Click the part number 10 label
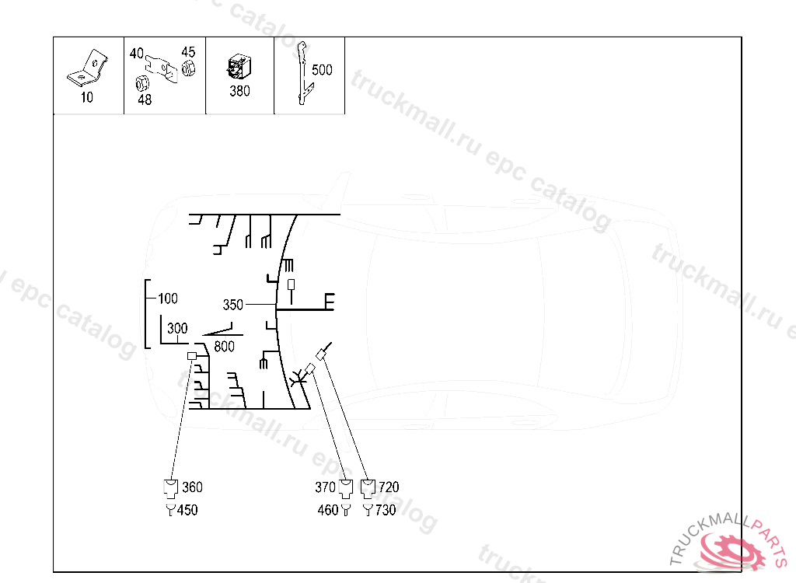pyautogui.click(x=87, y=98)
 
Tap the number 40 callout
pyautogui.click(x=137, y=54)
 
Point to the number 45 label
pyautogui.click(x=188, y=52)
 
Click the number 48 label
pyautogui.click(x=145, y=99)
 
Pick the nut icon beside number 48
pyautogui.click(x=142, y=83)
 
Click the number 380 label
pyautogui.click(x=239, y=91)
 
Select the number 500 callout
pyautogui.click(x=322, y=70)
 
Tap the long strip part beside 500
pyautogui.click(x=303, y=74)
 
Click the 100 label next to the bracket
pyautogui.click(x=167, y=298)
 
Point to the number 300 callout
pyautogui.click(x=177, y=329)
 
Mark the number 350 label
pyautogui.click(x=233, y=305)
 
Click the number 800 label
pyautogui.click(x=224, y=347)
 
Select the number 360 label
pyautogui.click(x=192, y=487)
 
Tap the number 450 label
pyautogui.click(x=187, y=511)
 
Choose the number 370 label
pyautogui.click(x=325, y=487)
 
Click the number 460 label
pyautogui.click(x=328, y=511)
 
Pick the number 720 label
pyautogui.click(x=389, y=487)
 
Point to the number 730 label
pyautogui.click(x=386, y=511)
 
